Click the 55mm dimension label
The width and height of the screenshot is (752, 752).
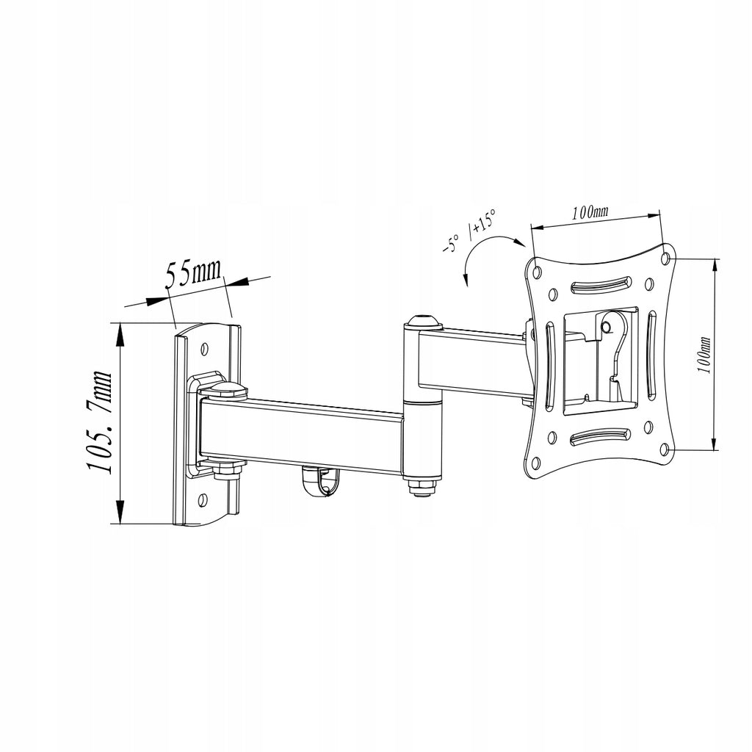pos(193,273)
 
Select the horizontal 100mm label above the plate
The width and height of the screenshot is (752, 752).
pos(590,213)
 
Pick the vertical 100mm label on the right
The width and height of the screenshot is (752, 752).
pos(704,355)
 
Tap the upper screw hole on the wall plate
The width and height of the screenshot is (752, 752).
pos(206,347)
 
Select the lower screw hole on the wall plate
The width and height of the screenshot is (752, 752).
pos(203,500)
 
